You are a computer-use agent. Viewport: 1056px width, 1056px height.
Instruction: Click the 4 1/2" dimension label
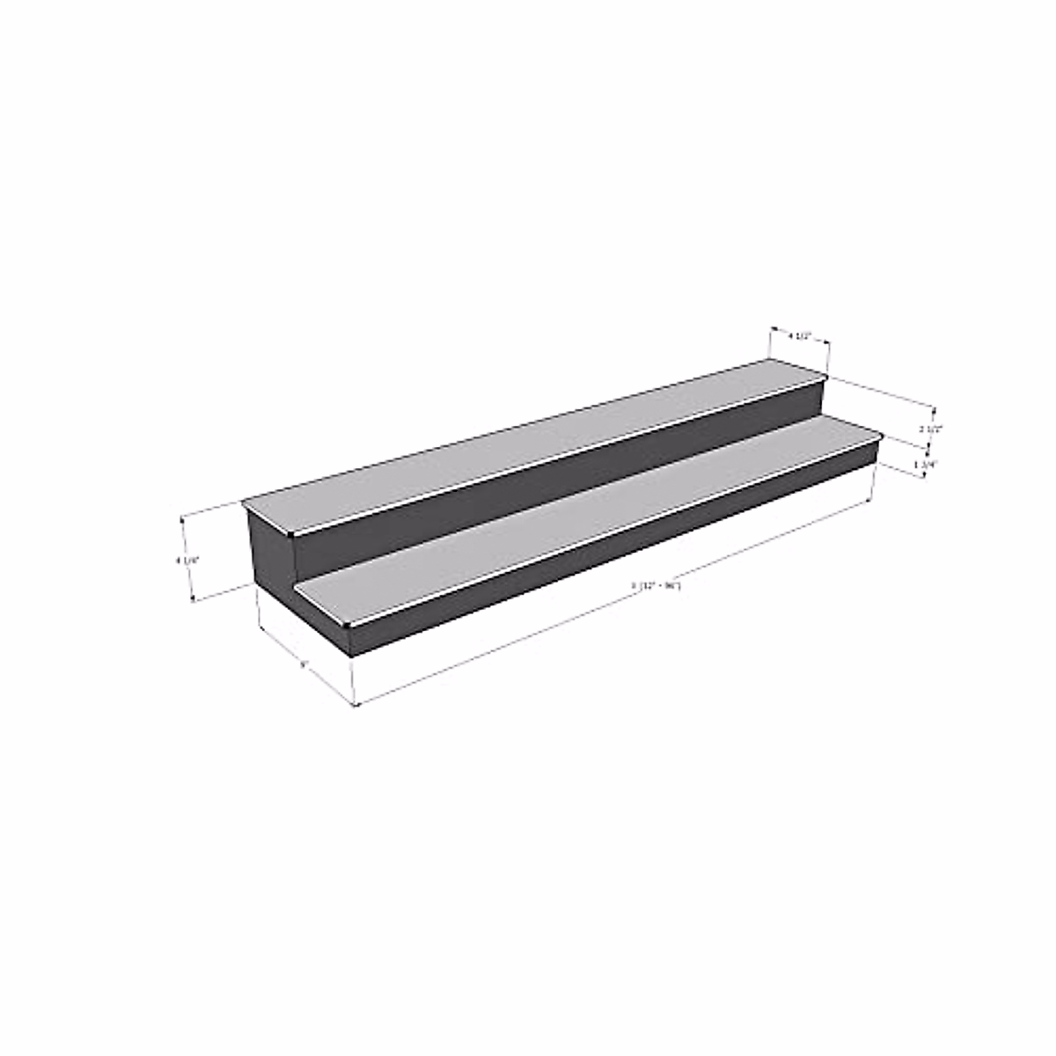coord(799,335)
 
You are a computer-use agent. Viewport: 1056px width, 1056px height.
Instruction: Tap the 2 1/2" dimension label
coord(930,429)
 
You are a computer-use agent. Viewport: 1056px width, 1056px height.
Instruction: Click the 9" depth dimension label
coord(303,665)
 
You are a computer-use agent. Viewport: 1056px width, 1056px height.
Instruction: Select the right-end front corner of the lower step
coord(882,436)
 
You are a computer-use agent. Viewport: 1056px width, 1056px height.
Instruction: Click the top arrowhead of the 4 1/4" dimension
coord(182,518)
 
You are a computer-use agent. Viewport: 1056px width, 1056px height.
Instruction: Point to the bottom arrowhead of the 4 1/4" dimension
coord(193,600)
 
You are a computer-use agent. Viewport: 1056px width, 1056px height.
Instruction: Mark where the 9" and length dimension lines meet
coord(356,704)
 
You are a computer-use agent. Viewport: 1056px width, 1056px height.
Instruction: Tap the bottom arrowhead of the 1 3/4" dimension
coord(923,477)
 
